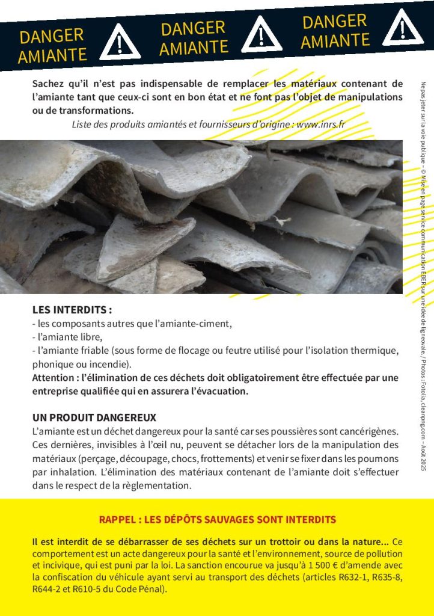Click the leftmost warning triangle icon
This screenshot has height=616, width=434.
pos(120,43)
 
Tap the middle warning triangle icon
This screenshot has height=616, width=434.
pos(261,34)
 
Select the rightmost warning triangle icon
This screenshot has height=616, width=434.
pos(403,28)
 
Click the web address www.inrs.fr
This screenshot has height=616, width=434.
pos(321,125)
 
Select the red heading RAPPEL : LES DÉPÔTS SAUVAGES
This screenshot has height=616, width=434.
pos(217,519)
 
